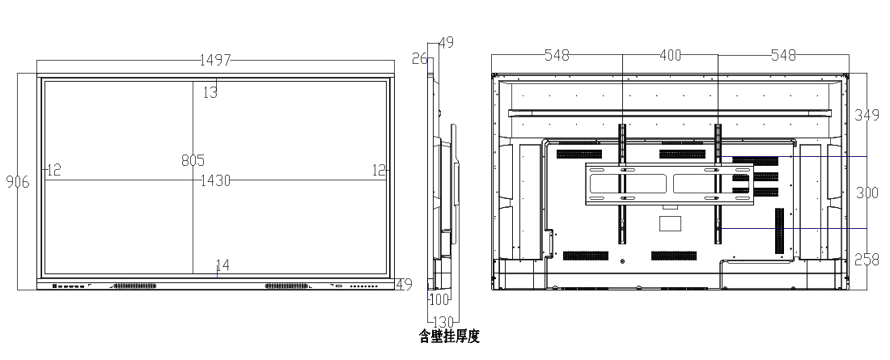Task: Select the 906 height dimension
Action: [x=17, y=182]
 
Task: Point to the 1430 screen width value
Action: [x=216, y=180]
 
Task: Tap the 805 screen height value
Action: [x=193, y=160]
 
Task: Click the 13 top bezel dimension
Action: [x=210, y=93]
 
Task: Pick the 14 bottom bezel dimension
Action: [x=222, y=265]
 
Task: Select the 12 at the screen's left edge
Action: [x=53, y=170]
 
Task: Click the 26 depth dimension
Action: [x=419, y=58]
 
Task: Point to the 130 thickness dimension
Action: [x=443, y=320]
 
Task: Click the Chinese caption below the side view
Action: [x=449, y=337]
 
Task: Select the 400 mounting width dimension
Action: [x=670, y=55]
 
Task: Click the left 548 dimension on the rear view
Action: [x=557, y=55]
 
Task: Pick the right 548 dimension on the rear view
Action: [x=783, y=55]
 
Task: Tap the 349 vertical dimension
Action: [x=867, y=116]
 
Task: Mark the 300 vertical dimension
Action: [x=867, y=193]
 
